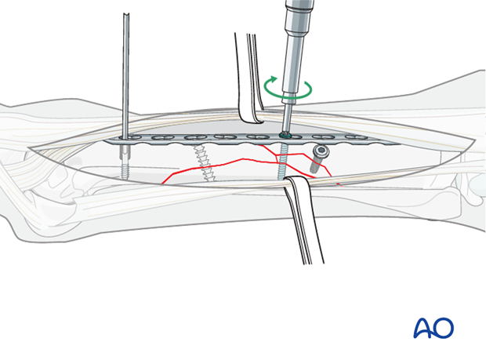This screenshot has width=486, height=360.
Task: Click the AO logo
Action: [x=433, y=327]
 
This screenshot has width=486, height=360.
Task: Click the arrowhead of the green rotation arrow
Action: [x=273, y=79]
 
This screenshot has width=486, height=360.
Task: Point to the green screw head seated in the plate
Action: [x=284, y=135]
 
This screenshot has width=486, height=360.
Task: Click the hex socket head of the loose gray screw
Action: [x=322, y=151]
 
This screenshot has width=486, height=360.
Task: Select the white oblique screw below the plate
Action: [x=202, y=162]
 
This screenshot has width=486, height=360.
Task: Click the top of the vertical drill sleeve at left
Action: [x=126, y=15]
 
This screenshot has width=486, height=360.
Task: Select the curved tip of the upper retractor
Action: [x=252, y=119]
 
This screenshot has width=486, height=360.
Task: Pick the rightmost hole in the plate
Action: [x=355, y=137]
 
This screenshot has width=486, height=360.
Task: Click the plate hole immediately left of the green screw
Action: [x=256, y=136]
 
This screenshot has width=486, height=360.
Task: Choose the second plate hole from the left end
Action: [x=162, y=138]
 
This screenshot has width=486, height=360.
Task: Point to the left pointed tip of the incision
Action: [x=28, y=147]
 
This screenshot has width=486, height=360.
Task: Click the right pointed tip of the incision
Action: [x=476, y=140]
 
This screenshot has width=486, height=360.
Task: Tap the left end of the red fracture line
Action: [x=162, y=184]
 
